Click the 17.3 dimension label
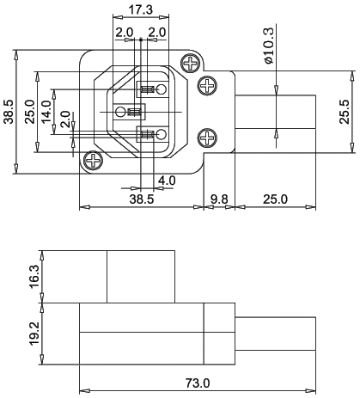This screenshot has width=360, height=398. tap(140, 10)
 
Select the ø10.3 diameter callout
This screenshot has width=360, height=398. tap(270, 45)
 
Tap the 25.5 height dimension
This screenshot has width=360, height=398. tap(345, 112)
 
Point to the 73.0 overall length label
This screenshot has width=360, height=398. tap(198, 383)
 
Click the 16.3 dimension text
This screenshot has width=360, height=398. tap(34, 277)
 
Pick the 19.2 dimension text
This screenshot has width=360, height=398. tap(34, 334)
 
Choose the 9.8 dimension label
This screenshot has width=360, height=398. tap(219, 199)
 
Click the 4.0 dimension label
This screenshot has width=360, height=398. tap(167, 181)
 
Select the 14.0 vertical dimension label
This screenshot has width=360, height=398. tap(46, 112)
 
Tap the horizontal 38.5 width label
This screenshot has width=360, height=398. tap(142, 199)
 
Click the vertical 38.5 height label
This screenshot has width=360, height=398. tap(9, 112)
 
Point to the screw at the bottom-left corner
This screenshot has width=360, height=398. tap(93, 160)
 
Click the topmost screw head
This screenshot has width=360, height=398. tap(191, 63)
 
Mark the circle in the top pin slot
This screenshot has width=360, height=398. tap(162, 89)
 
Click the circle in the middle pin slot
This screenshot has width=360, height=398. tap(120, 112)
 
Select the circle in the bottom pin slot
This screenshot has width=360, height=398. tap(162, 134)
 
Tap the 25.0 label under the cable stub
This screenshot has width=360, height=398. tap(275, 199)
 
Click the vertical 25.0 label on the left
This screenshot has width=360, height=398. tap(30, 112)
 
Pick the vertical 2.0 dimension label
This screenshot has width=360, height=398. tap(66, 119)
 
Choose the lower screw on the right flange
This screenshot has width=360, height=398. tap(208, 138)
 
